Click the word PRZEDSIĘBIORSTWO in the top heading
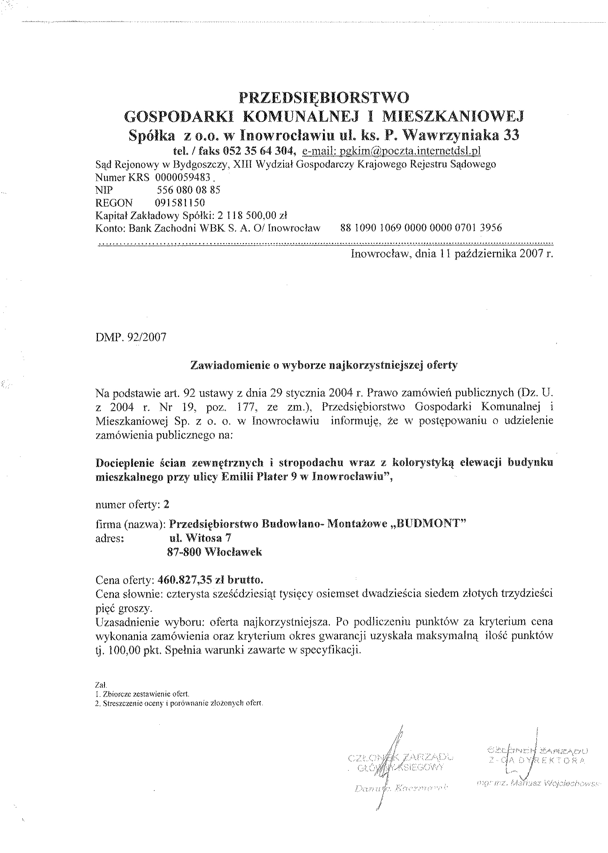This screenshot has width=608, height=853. tap(324, 98)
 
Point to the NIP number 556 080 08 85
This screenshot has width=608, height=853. tap(188, 190)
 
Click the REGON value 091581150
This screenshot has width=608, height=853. tap(180, 202)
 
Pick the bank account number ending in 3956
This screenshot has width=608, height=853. tap(421, 227)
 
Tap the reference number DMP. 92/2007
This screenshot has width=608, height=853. tap(131, 337)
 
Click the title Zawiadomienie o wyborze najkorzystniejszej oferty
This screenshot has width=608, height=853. tap(324, 365)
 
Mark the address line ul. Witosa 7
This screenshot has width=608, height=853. tap(200, 538)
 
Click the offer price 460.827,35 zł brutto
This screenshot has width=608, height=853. tap(210, 580)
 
